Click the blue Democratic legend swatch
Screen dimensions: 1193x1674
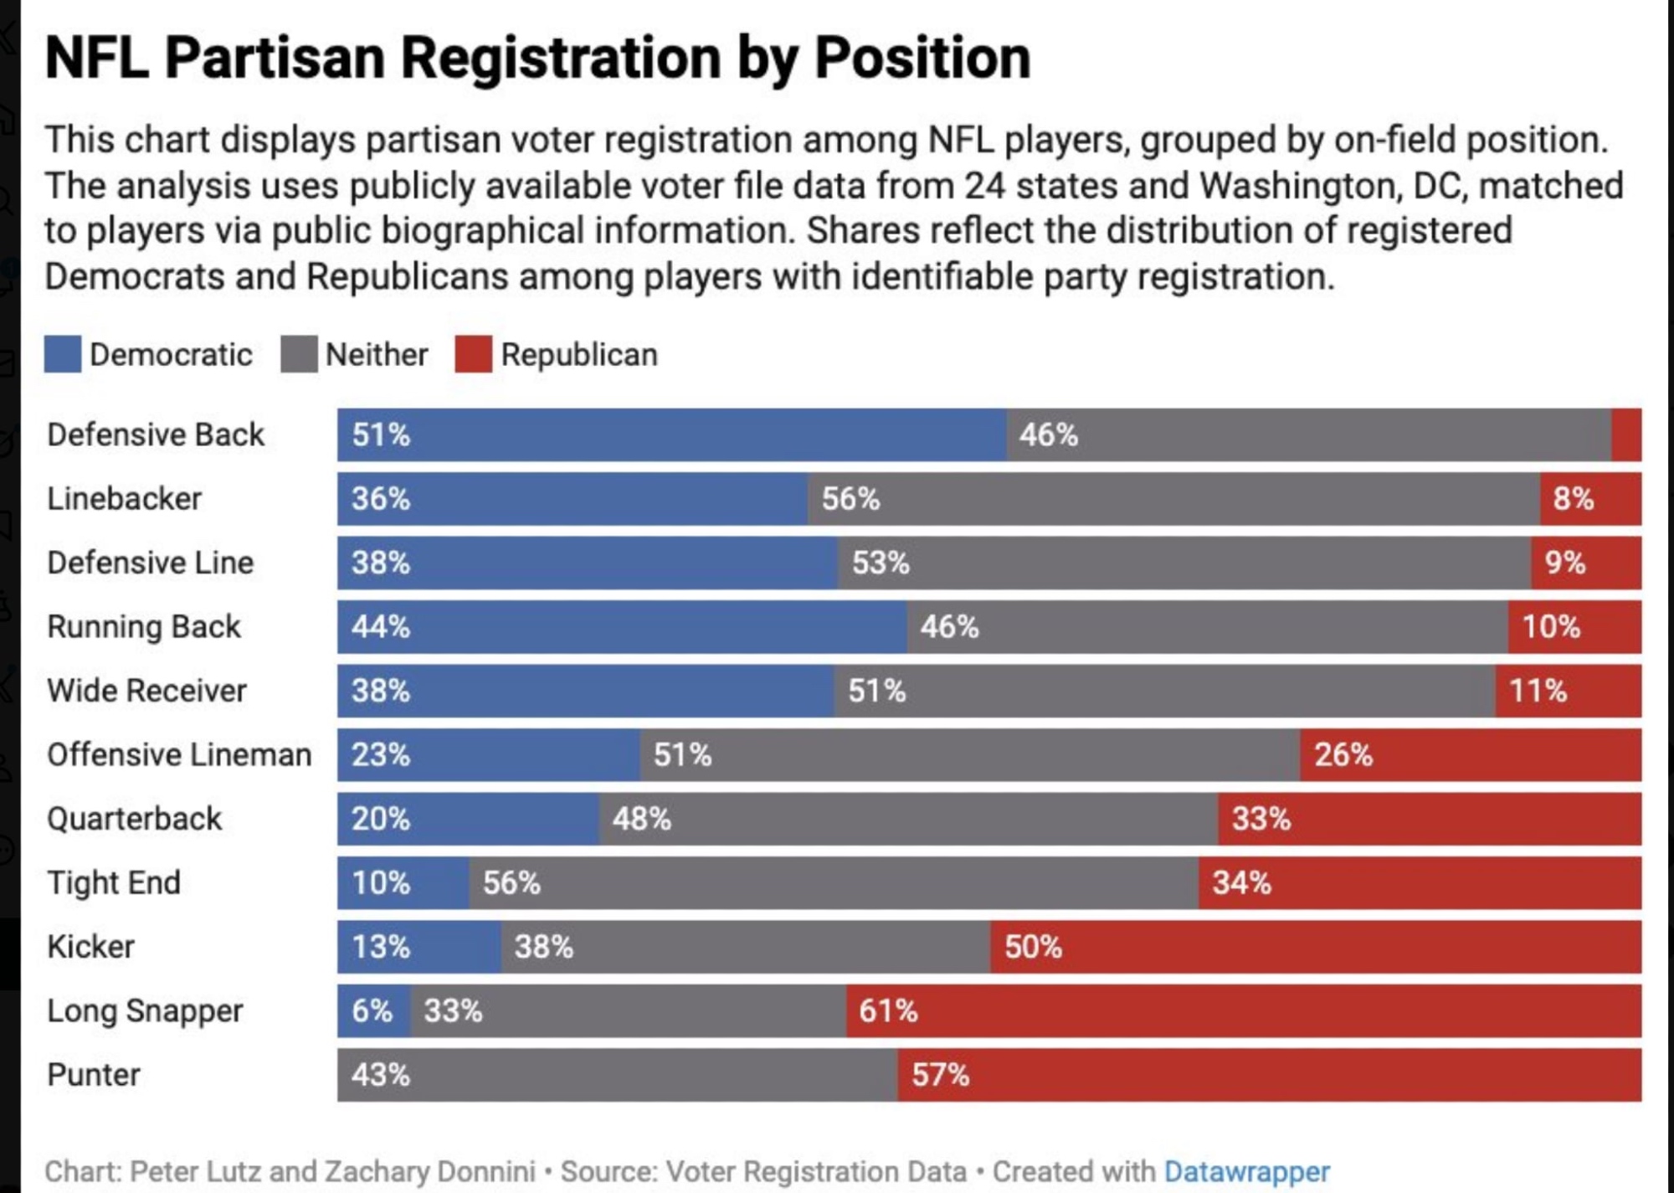63,354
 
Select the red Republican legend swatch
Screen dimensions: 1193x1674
474,354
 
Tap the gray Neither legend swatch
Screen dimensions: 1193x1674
299,354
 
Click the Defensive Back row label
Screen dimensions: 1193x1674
156,435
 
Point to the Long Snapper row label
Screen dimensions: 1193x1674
145,1010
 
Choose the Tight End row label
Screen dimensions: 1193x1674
114,882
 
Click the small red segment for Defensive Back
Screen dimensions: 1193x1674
1626,435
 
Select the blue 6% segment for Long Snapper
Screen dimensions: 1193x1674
374,1010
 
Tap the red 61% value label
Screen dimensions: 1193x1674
888,1010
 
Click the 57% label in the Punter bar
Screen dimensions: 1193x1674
940,1075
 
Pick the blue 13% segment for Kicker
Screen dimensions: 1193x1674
419,947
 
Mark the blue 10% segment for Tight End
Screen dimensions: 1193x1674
403,882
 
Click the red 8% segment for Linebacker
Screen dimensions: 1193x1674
1590,499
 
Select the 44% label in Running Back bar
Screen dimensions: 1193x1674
381,627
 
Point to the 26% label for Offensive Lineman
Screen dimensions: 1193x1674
1343,755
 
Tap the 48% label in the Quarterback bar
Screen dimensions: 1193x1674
641,819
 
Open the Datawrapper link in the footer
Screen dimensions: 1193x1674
1246,1171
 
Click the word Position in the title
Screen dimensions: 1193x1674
922,58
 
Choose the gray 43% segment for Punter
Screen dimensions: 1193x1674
618,1075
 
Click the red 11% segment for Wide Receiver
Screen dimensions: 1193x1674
1568,691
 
